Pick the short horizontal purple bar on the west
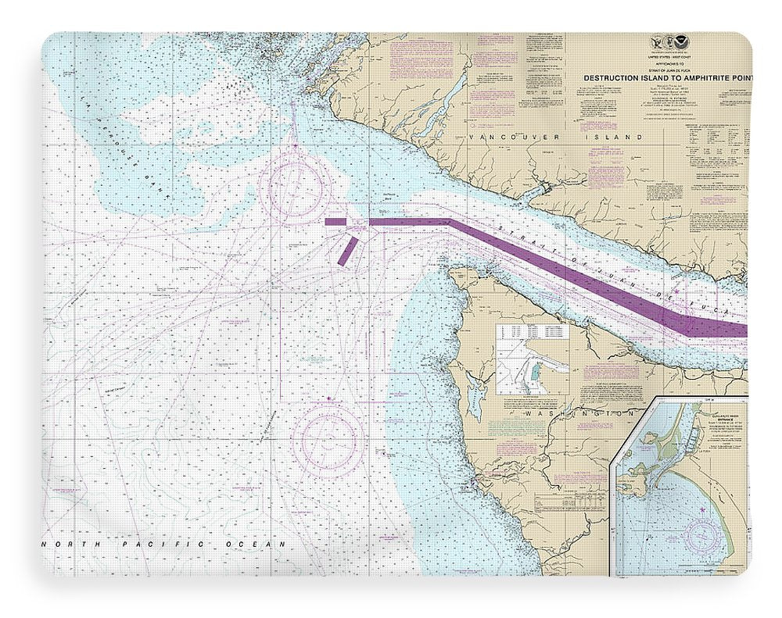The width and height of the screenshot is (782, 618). pyautogui.click(x=335, y=222)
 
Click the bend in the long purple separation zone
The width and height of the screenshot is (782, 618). pyautogui.click(x=450, y=223)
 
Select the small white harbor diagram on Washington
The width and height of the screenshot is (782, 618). pyautogui.click(x=533, y=359)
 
